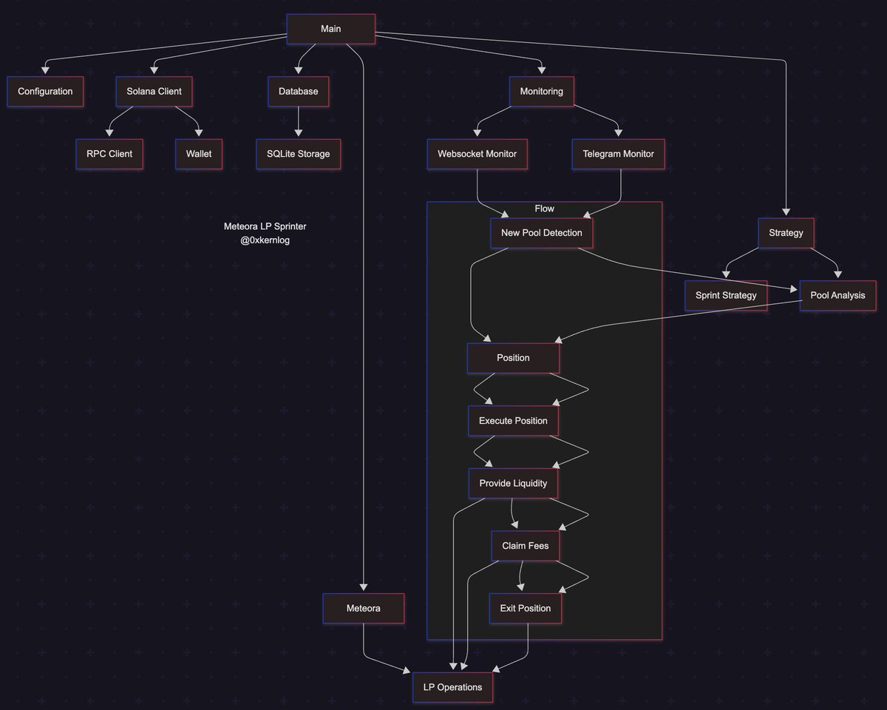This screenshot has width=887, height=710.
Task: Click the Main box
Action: (x=330, y=29)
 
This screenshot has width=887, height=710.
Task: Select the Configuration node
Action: (x=45, y=92)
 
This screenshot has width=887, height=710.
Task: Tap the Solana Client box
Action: (x=154, y=92)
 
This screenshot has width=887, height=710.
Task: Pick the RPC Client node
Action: (x=109, y=154)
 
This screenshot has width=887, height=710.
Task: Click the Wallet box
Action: (x=199, y=154)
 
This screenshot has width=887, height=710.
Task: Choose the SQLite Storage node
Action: (x=298, y=154)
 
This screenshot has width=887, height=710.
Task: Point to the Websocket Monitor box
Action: (x=477, y=154)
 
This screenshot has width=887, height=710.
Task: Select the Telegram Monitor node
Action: (x=618, y=154)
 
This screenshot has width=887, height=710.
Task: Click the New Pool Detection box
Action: (x=541, y=233)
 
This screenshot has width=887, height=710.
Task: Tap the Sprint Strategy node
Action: (x=725, y=295)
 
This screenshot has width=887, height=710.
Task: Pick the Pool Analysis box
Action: (x=837, y=295)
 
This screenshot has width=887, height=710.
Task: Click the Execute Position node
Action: (x=513, y=421)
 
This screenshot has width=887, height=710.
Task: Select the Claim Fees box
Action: (x=525, y=546)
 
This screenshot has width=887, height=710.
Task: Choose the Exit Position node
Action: (x=525, y=608)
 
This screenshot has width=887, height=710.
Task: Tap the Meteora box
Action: (x=363, y=608)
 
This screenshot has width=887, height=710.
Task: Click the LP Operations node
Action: (x=452, y=687)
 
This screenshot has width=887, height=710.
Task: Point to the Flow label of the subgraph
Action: (x=544, y=209)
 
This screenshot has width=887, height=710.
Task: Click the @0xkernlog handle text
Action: (x=265, y=240)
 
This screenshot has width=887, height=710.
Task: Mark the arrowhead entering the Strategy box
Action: (x=785, y=213)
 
